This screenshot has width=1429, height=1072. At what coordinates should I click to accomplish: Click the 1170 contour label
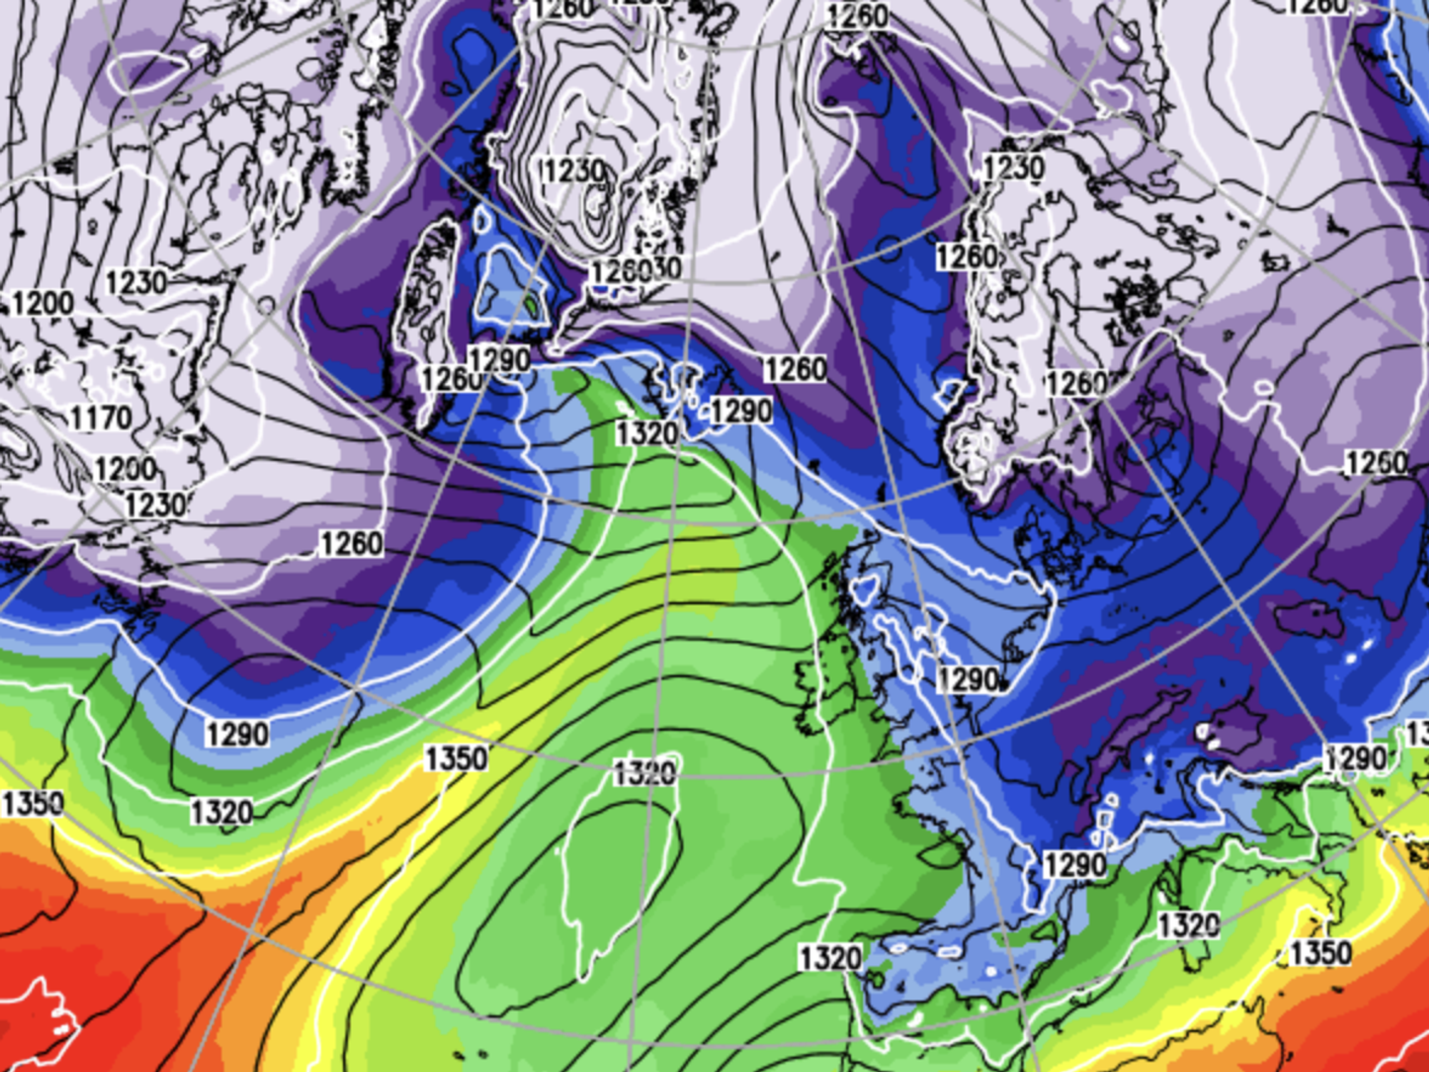(x=101, y=417)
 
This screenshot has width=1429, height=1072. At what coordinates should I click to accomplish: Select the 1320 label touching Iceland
(x=647, y=433)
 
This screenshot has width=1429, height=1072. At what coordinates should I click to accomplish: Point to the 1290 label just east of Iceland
(x=741, y=412)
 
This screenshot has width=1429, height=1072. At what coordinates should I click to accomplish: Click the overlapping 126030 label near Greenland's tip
(x=636, y=270)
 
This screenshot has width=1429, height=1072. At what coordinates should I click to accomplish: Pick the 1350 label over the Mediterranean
(x=1320, y=953)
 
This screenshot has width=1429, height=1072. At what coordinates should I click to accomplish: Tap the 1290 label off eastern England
(x=968, y=680)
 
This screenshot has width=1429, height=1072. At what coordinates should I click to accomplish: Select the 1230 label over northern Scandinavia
(x=1013, y=169)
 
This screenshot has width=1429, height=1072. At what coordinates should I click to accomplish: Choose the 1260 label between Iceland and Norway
(x=795, y=369)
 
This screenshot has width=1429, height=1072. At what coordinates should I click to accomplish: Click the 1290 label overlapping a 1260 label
(x=499, y=359)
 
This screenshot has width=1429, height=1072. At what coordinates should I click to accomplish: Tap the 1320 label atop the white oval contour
(x=645, y=773)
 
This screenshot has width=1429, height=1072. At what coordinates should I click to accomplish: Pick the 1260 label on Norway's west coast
(x=967, y=257)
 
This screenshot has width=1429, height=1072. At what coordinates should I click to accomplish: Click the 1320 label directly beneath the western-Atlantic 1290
(x=221, y=813)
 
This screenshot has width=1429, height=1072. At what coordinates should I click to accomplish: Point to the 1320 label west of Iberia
(x=830, y=958)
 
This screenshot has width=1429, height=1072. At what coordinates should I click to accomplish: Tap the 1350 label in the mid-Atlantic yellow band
(x=457, y=758)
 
